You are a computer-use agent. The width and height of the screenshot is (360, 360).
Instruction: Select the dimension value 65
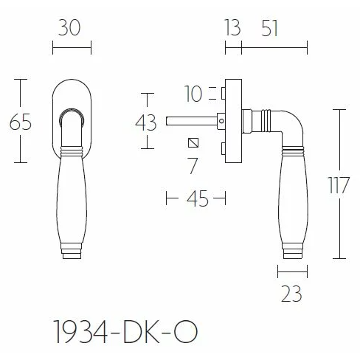tap(21, 121)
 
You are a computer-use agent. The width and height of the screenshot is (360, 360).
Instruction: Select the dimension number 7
tap(193, 166)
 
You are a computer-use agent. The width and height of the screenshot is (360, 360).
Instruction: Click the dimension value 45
tap(195, 198)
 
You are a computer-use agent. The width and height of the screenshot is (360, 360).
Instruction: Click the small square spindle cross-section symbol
tap(193, 142)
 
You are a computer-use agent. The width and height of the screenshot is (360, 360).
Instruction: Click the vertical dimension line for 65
tap(21, 148)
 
